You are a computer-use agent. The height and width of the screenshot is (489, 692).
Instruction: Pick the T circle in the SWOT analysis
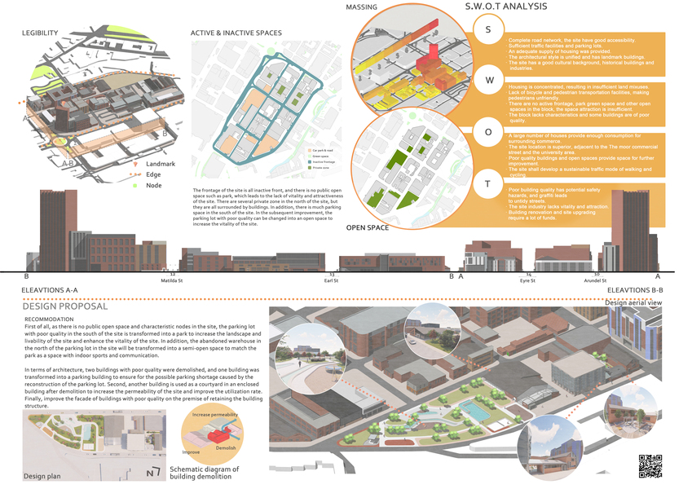click(488, 184)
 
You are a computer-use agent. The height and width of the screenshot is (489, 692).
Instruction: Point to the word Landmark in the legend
click(161, 164)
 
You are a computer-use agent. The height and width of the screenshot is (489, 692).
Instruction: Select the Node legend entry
click(153, 185)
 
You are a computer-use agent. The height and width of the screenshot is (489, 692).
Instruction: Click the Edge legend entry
click(153, 174)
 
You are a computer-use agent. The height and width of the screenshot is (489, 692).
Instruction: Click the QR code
click(650, 465)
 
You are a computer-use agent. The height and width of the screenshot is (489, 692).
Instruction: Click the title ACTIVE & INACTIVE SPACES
click(236, 33)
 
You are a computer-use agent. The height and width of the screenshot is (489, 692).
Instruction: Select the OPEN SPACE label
click(368, 227)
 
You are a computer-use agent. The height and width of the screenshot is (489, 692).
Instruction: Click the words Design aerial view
click(641, 302)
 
